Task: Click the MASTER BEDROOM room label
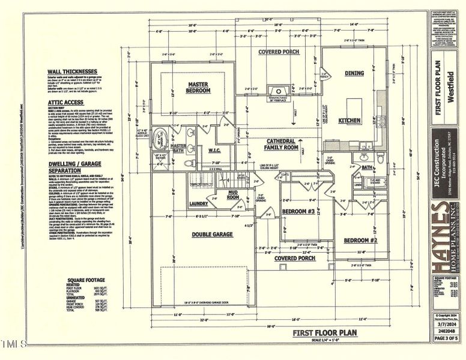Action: pos(199,88)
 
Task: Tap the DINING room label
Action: pos(354,73)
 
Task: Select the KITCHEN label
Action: pos(349,121)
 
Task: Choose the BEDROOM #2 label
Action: pos(360,240)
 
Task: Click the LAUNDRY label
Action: pos(198,203)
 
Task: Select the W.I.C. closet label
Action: pos(216,150)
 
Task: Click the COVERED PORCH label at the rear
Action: pos(279,52)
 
